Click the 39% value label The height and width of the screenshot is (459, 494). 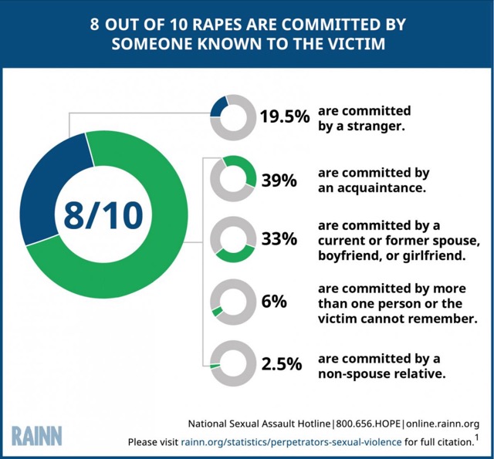click(x=279, y=181)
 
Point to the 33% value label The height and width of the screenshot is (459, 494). click(x=279, y=239)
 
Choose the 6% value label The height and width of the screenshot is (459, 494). click(x=275, y=302)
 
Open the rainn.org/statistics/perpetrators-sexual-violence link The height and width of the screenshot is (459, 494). click(x=291, y=442)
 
